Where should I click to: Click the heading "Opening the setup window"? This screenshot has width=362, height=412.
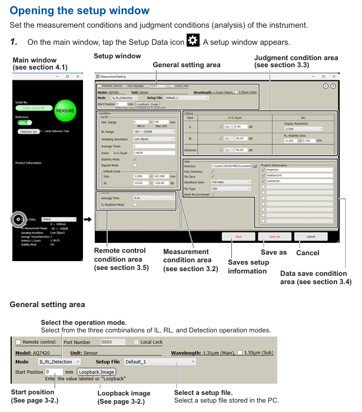80,11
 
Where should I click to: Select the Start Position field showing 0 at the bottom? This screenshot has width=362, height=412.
54,372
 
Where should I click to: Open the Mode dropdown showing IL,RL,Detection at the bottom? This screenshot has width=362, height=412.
59,361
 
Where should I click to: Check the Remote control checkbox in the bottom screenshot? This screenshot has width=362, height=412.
18,341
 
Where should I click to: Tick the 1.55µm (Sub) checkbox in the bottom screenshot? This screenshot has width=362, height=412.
240,353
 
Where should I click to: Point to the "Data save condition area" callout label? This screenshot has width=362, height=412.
315,278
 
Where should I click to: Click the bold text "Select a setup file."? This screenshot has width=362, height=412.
203,393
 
